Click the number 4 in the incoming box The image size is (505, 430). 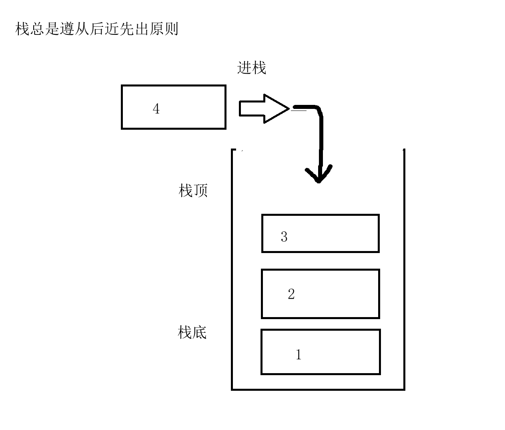(156, 109)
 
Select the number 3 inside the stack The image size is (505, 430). (284, 237)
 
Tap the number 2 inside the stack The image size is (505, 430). (291, 294)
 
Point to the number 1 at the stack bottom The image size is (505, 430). (299, 355)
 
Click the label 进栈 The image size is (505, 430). (252, 68)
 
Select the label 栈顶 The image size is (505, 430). (193, 190)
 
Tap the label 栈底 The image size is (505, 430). (192, 332)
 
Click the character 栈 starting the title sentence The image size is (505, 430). (23, 29)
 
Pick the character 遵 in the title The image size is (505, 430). (67, 29)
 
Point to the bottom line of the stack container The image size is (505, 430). (318, 389)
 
